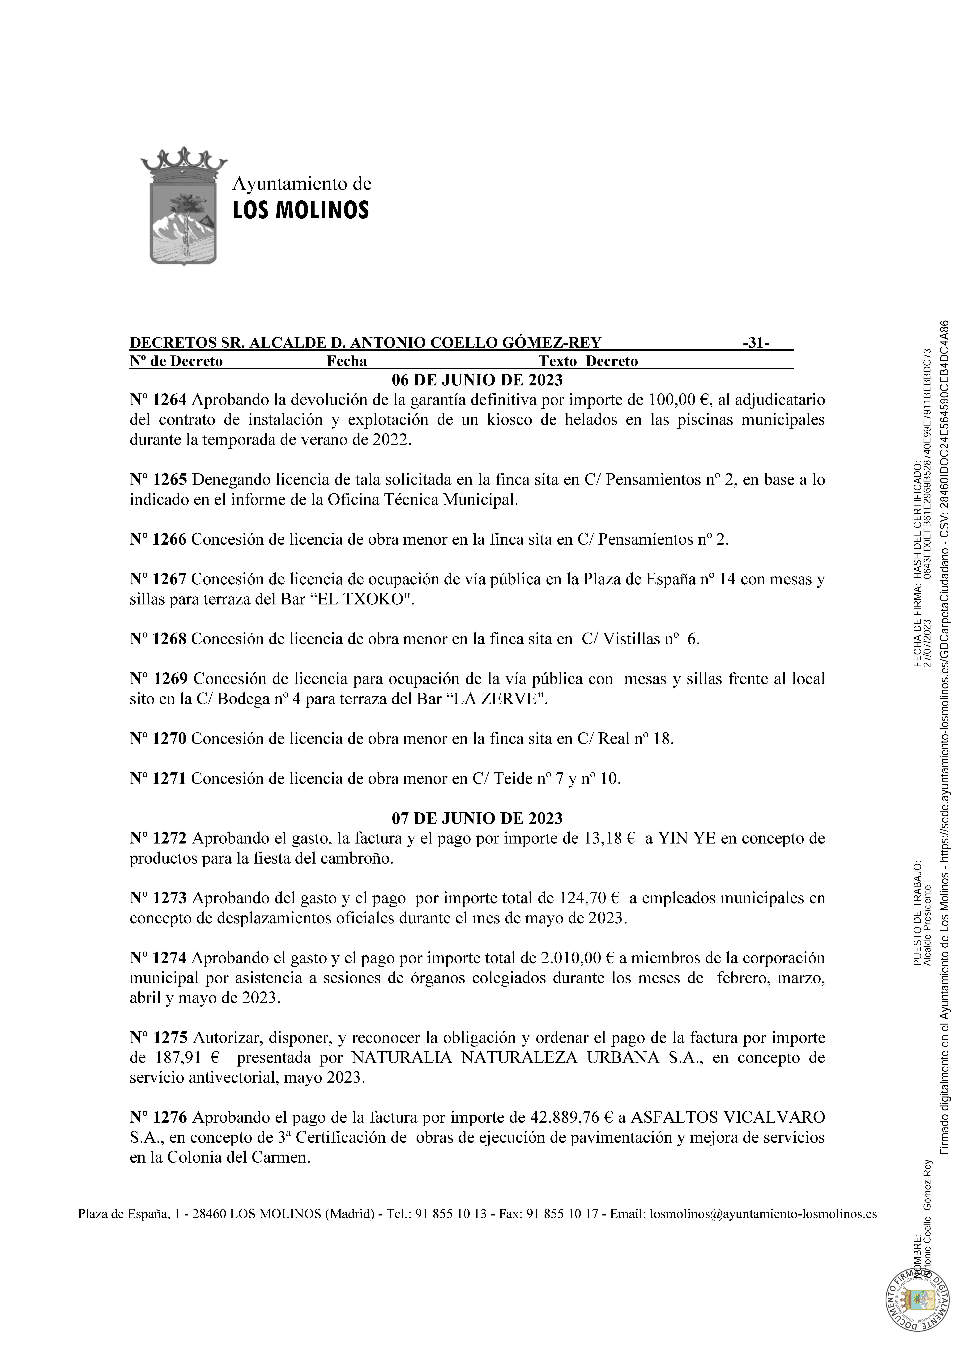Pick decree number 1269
[x=159, y=679]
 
